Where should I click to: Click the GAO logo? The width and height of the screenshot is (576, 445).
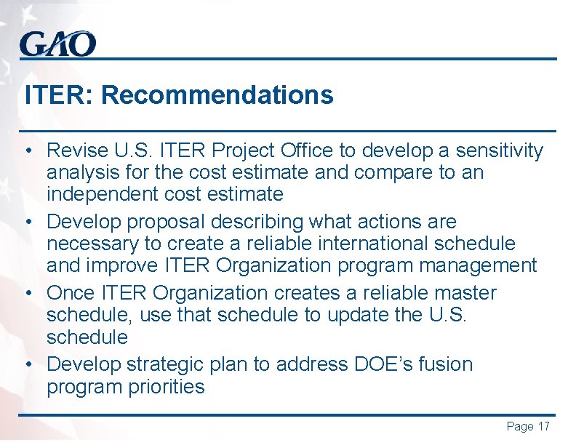(57, 44)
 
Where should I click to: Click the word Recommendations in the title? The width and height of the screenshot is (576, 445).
(217, 95)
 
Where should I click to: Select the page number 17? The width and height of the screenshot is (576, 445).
(543, 426)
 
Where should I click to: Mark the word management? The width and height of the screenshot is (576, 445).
(474, 265)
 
